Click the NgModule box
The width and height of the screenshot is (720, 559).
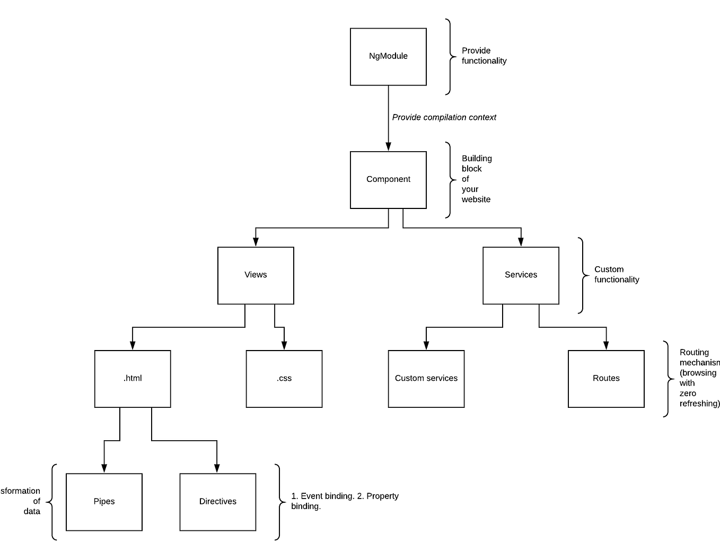388,56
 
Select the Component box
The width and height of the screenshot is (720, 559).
388,179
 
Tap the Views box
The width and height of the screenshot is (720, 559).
256,275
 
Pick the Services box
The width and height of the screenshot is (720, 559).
521,275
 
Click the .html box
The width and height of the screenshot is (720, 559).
133,378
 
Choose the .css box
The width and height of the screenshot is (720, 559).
284,378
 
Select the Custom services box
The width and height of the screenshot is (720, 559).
426,378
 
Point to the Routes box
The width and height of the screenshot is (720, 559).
606,378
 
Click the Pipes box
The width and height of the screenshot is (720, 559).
104,501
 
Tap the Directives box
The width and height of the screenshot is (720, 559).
218,501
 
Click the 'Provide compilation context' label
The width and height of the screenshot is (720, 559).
444,117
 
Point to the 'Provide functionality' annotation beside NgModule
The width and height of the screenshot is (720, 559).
484,56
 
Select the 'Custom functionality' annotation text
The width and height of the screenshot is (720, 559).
616,274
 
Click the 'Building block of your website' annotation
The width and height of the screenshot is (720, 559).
476,179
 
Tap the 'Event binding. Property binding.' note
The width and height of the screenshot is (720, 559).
345,501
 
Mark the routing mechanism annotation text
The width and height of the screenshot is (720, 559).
699,378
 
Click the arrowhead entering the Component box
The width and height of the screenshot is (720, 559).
388,147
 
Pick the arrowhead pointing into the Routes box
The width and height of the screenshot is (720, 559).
606,346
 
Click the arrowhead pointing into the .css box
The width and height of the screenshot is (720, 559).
284,346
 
